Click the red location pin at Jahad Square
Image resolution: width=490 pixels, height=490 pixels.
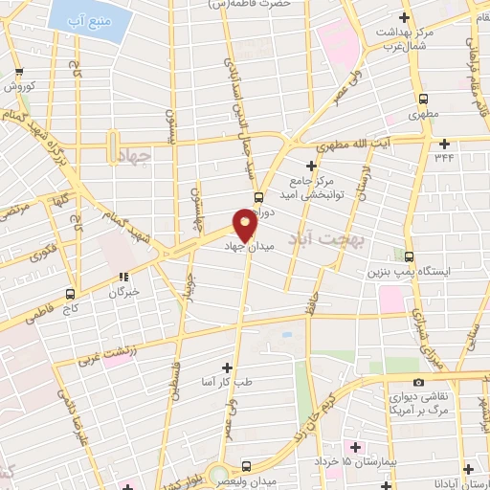[245, 224]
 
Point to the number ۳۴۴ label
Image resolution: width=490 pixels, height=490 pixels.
[444, 156]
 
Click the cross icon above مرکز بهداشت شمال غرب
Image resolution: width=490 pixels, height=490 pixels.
[405, 18]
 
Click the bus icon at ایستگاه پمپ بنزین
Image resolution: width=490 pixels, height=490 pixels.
[410, 256]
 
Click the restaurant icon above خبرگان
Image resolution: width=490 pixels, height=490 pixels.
[122, 276]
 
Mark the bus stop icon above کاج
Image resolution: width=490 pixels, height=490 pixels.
[70, 294]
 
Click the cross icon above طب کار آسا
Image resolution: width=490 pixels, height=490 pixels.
[227, 367]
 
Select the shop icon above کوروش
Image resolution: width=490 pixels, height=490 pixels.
[20, 72]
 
